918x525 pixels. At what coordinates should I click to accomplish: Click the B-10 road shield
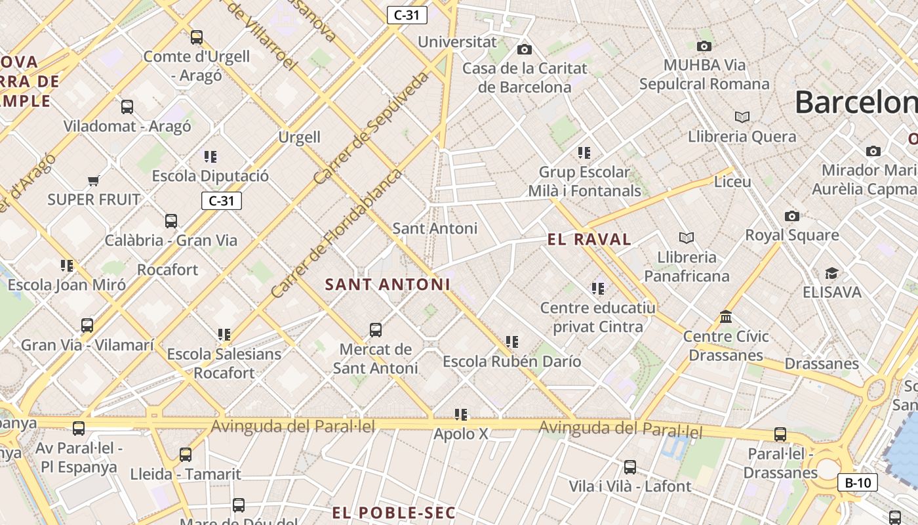[857, 483]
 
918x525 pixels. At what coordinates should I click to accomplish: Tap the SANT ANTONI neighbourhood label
[388, 285]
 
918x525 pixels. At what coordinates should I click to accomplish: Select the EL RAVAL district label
[589, 240]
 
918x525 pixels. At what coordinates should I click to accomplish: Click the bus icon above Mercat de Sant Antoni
[376, 330]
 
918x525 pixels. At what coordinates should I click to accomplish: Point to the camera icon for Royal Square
[792, 216]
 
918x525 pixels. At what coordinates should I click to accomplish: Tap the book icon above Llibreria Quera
[742, 117]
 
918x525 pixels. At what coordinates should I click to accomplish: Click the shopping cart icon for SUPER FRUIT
[93, 180]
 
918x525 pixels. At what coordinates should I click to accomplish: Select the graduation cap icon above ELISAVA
[831, 273]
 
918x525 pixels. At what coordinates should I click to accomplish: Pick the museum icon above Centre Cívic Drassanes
[726, 318]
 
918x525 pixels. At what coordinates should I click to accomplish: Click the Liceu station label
[732, 182]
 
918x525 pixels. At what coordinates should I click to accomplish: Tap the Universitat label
[457, 42]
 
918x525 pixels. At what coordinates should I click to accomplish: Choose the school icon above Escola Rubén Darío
[512, 342]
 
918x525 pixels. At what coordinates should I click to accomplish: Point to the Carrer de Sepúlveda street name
[371, 128]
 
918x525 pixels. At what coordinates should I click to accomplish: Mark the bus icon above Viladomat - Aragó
[127, 106]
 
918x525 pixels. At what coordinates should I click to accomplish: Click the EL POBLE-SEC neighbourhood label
[393, 513]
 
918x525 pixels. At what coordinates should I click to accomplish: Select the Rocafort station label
[167, 270]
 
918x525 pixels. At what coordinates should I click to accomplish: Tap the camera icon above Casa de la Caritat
[524, 49]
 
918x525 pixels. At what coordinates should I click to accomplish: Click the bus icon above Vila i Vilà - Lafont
[629, 467]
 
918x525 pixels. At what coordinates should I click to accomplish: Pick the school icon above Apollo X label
[461, 415]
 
